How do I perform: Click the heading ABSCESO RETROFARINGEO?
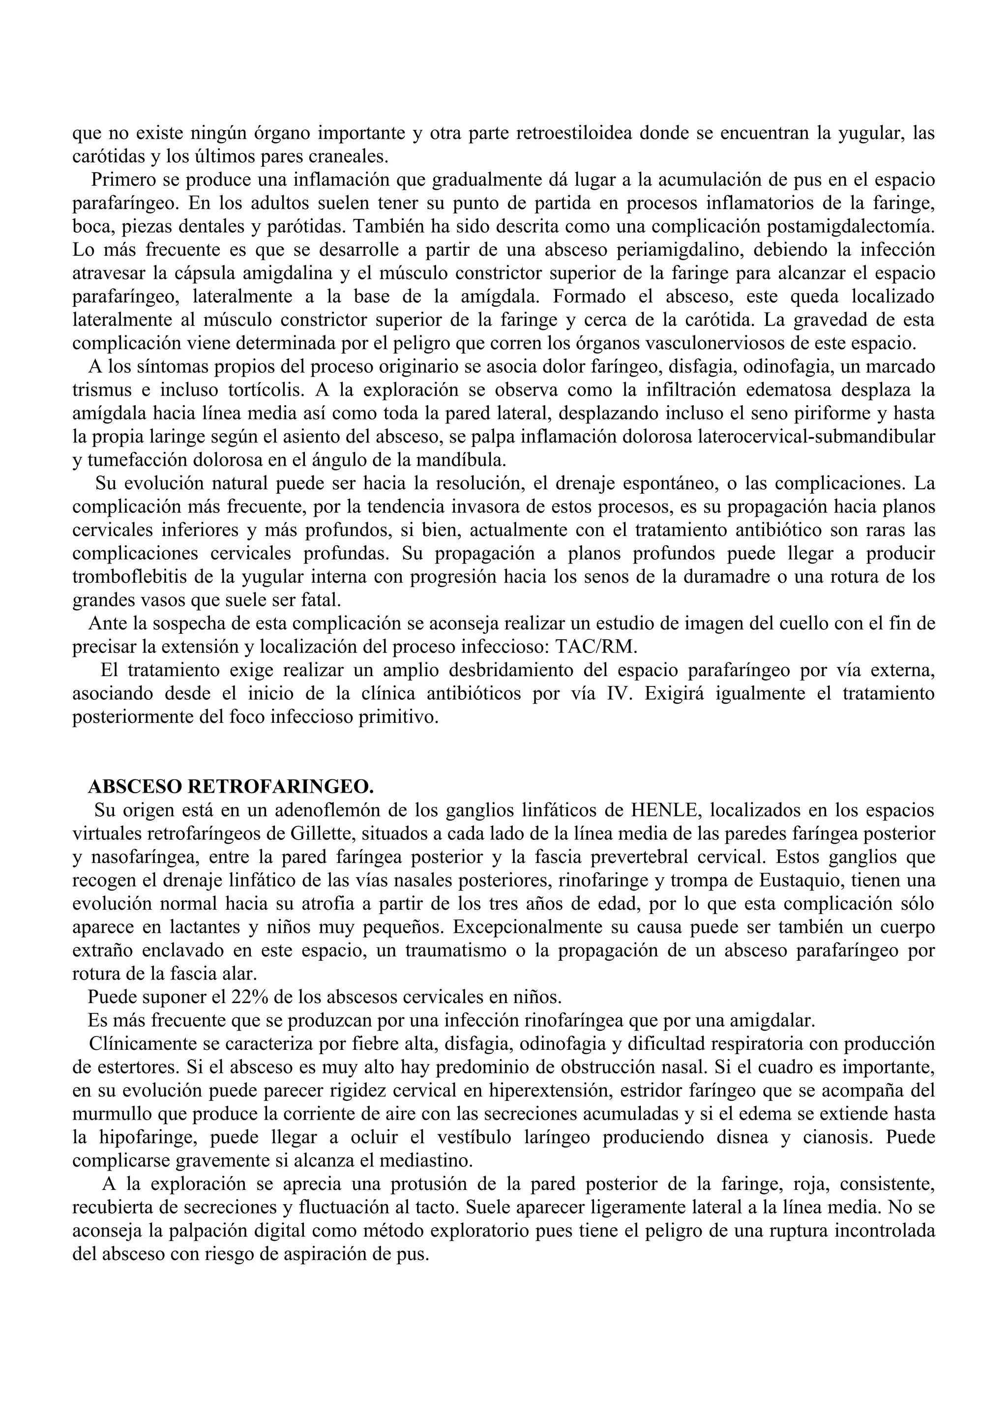(231, 787)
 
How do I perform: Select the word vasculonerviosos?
(726, 343)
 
